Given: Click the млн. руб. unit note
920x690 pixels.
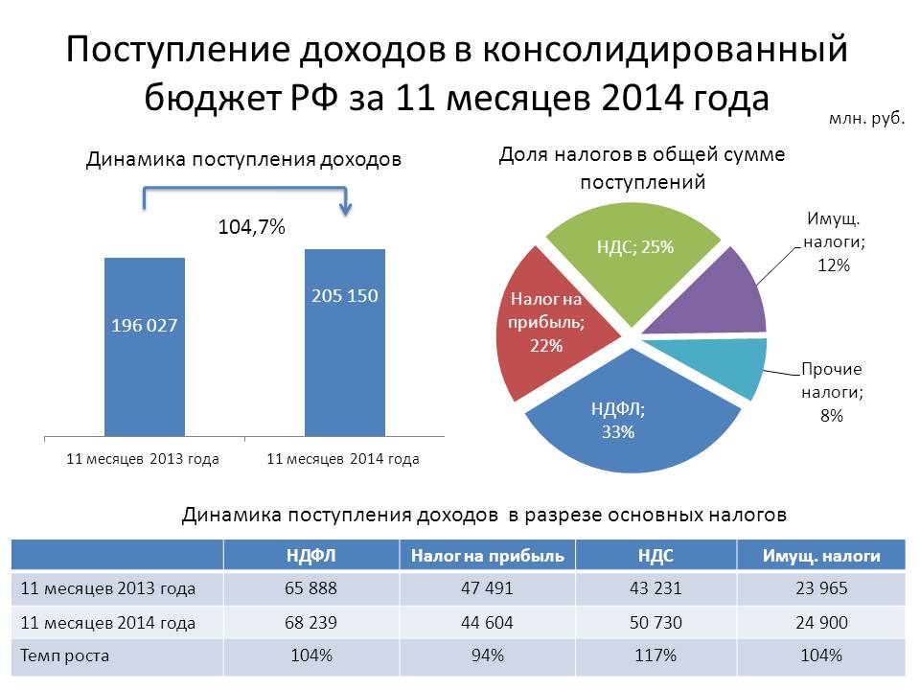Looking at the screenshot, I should (866, 121).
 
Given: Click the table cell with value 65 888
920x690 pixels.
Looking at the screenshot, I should (310, 588).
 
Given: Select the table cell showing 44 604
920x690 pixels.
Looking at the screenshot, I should (487, 623).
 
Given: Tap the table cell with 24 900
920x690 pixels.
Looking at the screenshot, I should (820, 623).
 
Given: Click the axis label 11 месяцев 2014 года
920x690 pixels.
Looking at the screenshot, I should (342, 459).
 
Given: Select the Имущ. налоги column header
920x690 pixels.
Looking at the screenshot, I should (820, 555).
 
